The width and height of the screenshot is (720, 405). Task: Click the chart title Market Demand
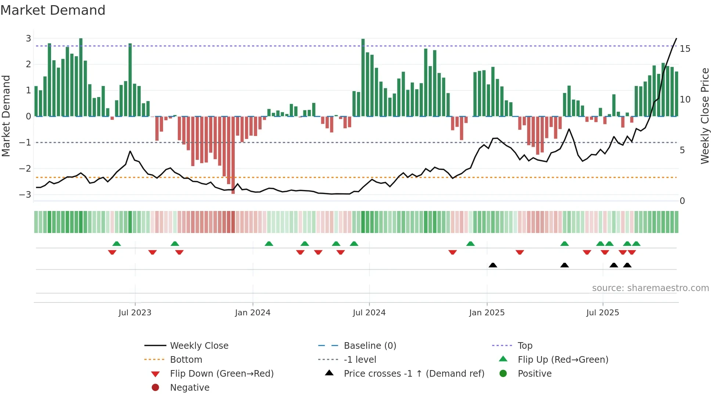coord(53,10)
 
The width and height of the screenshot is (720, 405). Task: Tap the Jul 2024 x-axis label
coord(369,313)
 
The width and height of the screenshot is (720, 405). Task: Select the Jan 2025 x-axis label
coord(487,313)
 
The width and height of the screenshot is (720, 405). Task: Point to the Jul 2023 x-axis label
coord(135,313)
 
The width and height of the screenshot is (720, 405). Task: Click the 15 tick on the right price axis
coord(685,49)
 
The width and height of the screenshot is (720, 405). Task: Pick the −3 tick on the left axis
coord(25,194)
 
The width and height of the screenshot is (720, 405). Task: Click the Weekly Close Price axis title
coord(705,116)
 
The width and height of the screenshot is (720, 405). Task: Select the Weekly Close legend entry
coord(199,346)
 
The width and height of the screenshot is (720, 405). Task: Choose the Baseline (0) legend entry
coord(370,346)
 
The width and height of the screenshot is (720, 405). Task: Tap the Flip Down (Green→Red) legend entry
coord(222,374)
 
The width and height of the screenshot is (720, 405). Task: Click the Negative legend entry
coord(190,388)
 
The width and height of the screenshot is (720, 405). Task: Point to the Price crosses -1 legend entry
coord(414,374)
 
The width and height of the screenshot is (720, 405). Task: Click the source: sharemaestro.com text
coord(650,288)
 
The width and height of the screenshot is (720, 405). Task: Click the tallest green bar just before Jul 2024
coord(363,77)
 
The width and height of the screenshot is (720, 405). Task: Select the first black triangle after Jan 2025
coord(493,265)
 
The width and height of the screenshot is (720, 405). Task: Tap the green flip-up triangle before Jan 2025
coord(470,244)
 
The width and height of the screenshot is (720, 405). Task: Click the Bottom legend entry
coord(186,360)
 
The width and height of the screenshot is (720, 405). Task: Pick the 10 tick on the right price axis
coord(685,100)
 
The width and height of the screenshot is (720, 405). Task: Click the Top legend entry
coord(525,346)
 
